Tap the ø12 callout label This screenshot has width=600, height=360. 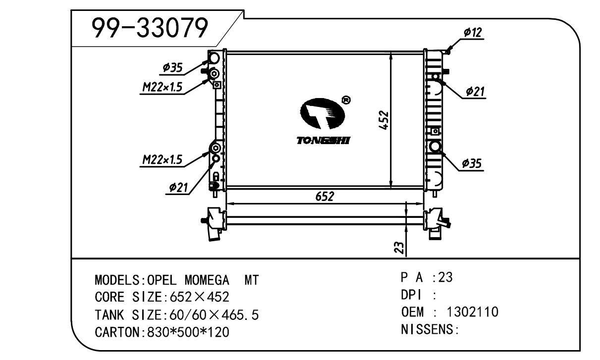(x=473, y=33)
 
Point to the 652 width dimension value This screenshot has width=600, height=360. (x=325, y=196)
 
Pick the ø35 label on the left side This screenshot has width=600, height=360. (x=172, y=67)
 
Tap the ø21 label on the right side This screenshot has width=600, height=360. (x=475, y=91)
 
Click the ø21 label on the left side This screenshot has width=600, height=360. (x=178, y=187)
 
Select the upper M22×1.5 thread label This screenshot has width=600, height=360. (x=162, y=88)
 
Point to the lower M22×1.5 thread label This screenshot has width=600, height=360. (x=162, y=159)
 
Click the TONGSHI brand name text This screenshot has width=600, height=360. (x=323, y=141)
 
